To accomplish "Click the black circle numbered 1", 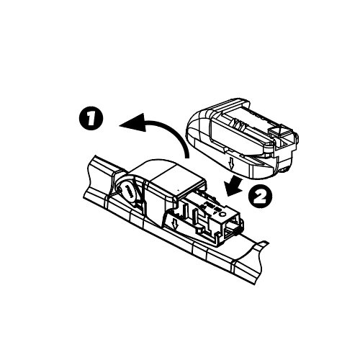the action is point(91,119).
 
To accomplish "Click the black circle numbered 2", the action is point(260,197).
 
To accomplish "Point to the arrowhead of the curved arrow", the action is point(132,122).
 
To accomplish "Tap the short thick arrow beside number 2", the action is point(235,185).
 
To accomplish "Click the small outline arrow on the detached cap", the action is point(231,163).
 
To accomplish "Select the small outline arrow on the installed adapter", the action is point(175,224).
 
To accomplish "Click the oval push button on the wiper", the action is point(127,190).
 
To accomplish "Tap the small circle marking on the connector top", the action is point(222,214).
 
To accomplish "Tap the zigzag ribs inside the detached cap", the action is point(238,124).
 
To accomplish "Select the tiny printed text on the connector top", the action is point(210,204).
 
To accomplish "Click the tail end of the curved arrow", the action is point(186,156).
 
